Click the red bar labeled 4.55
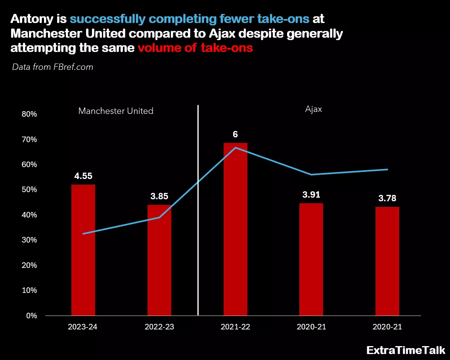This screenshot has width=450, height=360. point(83,250)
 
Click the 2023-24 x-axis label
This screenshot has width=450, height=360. point(83,327)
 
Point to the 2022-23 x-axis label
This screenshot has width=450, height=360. point(159,327)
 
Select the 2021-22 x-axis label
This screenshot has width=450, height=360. point(235,327)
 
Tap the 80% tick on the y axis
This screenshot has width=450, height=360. point(29,114)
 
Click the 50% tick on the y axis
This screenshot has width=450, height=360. point(29,190)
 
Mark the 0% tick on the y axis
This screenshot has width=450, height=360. point(31,316)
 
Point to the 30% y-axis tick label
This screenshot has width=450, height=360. point(29,240)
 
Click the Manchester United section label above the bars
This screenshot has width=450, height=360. point(116,111)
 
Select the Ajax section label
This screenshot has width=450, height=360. point(313,110)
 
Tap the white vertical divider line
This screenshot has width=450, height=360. point(198,210)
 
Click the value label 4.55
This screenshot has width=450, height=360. point(83,176)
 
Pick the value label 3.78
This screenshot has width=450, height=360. point(387,198)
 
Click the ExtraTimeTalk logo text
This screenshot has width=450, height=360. point(406,350)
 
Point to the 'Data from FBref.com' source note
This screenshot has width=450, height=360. point(53,67)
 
